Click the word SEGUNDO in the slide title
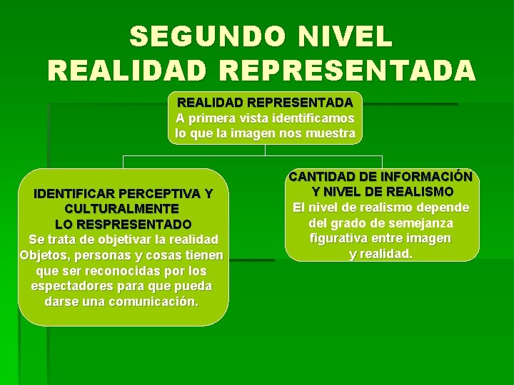(204, 36)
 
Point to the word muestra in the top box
(331, 133)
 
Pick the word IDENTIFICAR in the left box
(74, 193)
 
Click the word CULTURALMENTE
(121, 209)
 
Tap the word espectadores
(73, 286)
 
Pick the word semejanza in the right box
(418, 223)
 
